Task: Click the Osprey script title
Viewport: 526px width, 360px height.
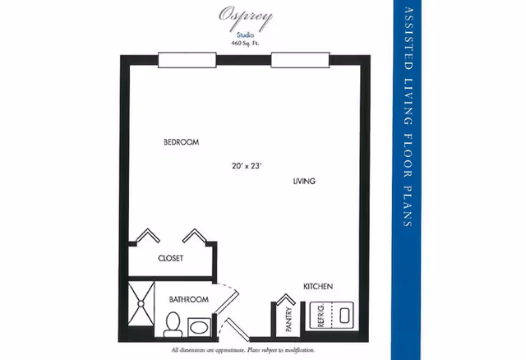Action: [245, 16]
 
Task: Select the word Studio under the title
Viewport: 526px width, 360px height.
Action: [245, 35]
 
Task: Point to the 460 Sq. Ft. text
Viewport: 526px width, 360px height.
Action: [245, 43]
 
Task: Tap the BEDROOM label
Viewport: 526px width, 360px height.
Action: [181, 142]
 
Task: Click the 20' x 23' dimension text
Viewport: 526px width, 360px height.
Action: [247, 166]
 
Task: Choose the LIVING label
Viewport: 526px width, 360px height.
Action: [304, 181]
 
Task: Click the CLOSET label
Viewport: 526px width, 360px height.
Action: [171, 258]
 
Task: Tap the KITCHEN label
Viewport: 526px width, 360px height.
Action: [318, 286]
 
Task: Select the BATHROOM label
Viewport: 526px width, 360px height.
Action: [188, 299]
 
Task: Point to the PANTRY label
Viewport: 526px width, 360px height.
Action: [288, 320]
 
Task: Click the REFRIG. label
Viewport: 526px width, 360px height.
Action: [321, 316]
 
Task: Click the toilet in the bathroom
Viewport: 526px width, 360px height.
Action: [173, 324]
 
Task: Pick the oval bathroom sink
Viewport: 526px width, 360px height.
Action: [199, 327]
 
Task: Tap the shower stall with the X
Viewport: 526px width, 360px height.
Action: [141, 304]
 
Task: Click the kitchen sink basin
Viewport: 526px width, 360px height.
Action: [345, 316]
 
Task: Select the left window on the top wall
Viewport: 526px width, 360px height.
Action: [187, 60]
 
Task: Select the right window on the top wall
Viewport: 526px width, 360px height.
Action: [300, 60]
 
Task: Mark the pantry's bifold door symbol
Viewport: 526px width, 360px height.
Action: [285, 299]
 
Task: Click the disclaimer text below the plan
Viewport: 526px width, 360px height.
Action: [243, 350]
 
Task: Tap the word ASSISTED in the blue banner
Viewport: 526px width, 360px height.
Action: [408, 39]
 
